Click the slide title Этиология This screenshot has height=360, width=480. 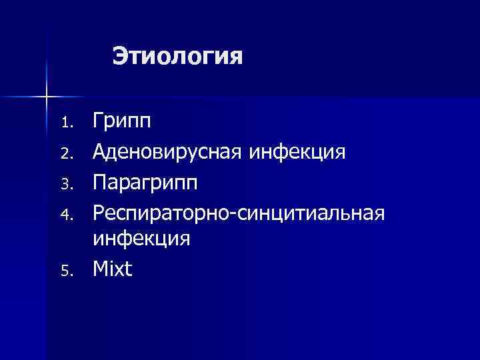click(x=177, y=56)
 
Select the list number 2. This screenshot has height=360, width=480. click(x=65, y=155)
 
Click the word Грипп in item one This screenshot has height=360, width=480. click(x=122, y=122)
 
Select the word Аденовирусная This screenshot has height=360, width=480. click(x=169, y=153)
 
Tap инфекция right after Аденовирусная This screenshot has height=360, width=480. click(x=297, y=153)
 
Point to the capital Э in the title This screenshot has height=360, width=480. click(x=120, y=56)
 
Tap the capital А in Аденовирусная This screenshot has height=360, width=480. click(x=101, y=153)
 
